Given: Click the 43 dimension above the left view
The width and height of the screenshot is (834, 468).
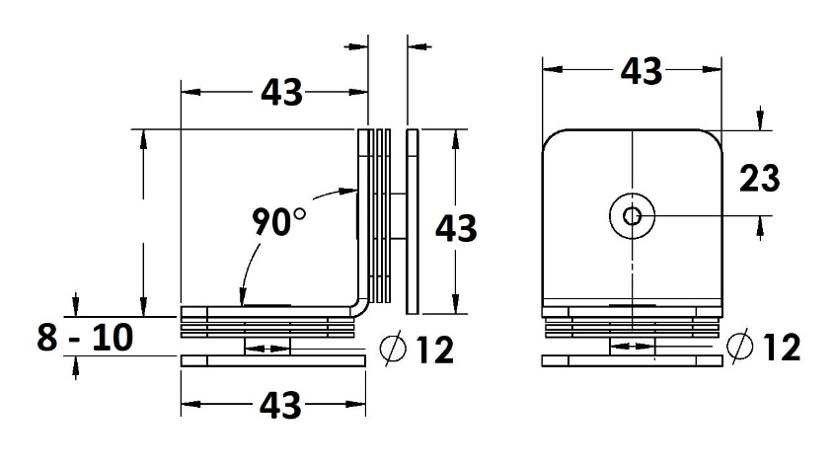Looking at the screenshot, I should [280, 92].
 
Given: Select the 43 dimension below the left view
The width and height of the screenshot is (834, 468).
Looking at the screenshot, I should [280, 404].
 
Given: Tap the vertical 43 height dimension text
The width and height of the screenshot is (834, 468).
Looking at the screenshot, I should [456, 228].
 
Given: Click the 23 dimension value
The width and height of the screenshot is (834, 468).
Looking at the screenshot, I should [759, 179].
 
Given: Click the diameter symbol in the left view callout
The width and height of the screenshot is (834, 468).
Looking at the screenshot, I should [392, 349].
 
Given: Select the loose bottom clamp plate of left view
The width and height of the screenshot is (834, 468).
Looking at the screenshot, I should [272, 361].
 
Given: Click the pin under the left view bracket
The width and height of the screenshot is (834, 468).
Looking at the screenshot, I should [265, 347].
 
